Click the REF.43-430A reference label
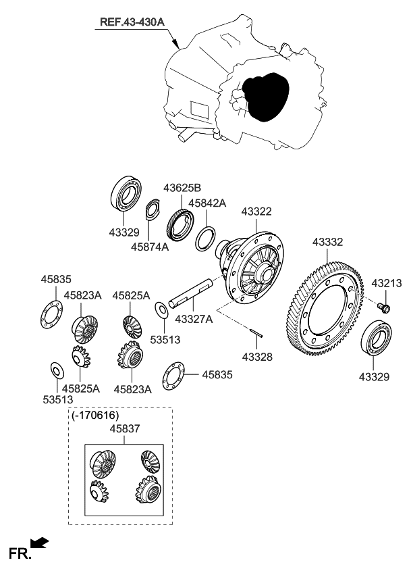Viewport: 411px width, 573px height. click(132, 22)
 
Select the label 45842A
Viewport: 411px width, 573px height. click(207, 203)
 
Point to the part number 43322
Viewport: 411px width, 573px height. click(256, 211)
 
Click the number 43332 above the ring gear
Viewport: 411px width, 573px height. click(328, 242)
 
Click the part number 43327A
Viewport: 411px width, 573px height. click(194, 318)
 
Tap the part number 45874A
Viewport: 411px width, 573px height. click(150, 247)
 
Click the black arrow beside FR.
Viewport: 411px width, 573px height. click(40, 542)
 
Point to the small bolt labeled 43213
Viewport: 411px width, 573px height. click(384, 308)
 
